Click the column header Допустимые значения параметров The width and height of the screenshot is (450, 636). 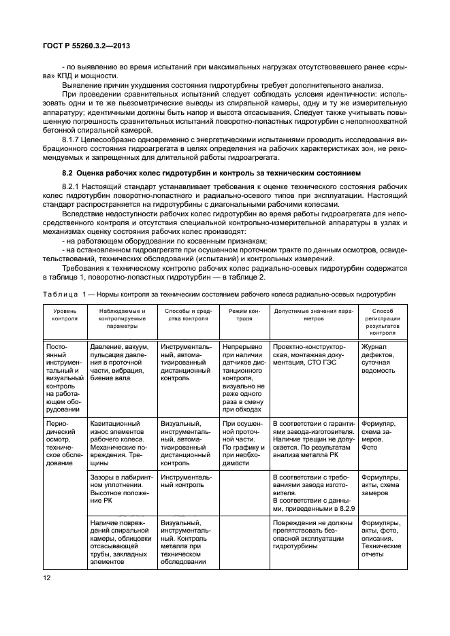tap(314, 314)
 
